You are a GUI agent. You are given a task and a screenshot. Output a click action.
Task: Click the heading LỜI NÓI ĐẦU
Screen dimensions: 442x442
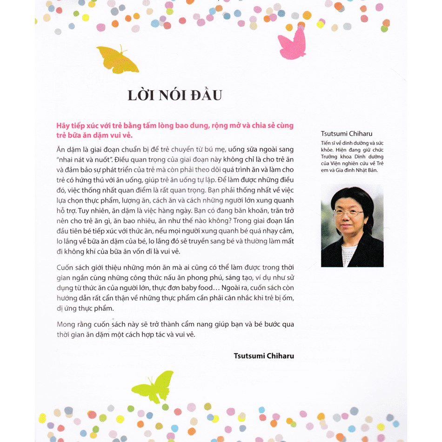[x=174, y=95]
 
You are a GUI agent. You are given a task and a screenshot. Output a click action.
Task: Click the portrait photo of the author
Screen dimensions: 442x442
[x=352, y=226]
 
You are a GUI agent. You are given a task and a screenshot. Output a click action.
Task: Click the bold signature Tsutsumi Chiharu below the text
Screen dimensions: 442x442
[x=264, y=356]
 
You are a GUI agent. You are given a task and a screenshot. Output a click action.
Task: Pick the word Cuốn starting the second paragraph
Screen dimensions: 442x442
[x=66, y=268]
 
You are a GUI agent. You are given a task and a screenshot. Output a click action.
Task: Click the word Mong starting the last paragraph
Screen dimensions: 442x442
[x=66, y=324]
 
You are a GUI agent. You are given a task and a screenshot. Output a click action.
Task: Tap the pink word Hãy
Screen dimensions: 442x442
[x=63, y=126]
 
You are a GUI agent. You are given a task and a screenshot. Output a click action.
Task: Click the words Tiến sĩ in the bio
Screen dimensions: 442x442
[x=329, y=143]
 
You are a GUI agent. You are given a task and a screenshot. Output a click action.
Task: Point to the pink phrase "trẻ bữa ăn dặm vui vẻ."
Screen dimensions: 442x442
[x=94, y=135]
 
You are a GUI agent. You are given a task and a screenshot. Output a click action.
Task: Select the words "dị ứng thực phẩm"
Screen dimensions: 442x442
[x=85, y=308]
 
